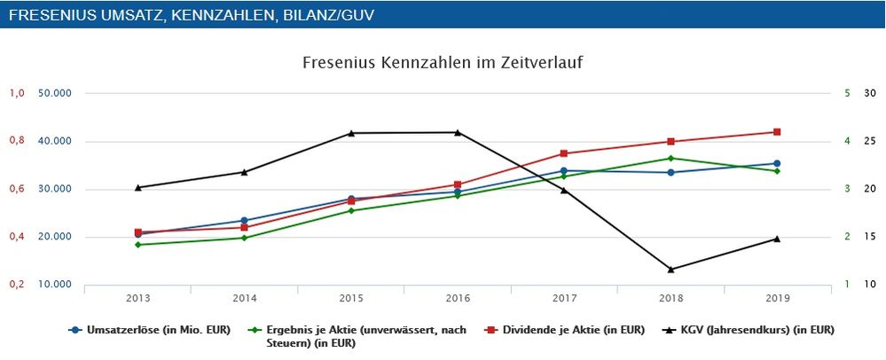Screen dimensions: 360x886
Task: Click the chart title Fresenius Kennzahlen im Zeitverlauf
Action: (442, 63)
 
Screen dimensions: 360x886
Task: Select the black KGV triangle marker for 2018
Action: (670, 269)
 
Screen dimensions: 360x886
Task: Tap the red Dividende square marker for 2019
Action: (777, 132)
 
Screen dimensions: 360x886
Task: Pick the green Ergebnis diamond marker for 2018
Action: (670, 159)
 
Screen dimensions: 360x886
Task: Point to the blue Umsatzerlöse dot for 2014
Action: (245, 221)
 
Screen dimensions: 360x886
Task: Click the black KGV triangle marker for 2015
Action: (351, 133)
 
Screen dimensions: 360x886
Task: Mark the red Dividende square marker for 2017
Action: (564, 153)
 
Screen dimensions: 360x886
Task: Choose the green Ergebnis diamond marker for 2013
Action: (138, 245)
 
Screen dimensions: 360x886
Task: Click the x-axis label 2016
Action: (458, 298)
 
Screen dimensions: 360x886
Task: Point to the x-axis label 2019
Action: (777, 298)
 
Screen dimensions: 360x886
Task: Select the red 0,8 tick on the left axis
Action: (16, 141)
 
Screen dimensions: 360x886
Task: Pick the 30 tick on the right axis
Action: (869, 93)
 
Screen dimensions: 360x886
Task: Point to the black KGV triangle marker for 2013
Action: (138, 187)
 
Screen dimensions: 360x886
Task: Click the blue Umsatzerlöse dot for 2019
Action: (777, 163)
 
